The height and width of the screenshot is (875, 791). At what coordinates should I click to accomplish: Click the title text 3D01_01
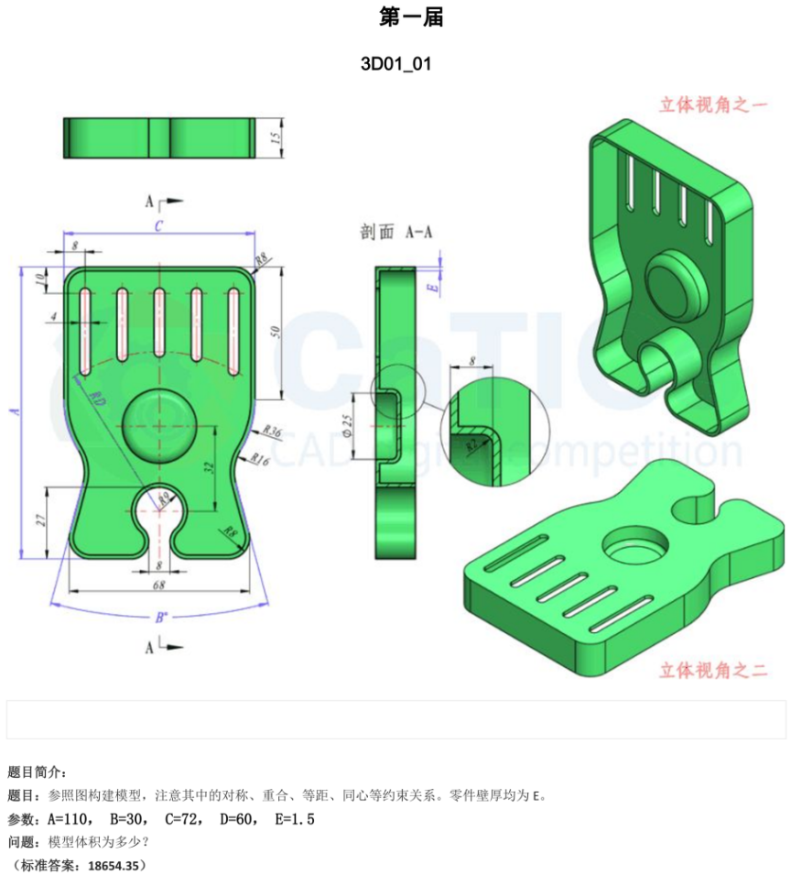[x=395, y=64]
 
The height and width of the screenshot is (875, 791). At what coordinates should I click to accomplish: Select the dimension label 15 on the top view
[x=274, y=138]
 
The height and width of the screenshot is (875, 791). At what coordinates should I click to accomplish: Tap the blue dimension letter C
[x=158, y=226]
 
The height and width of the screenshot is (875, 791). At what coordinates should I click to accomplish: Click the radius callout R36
[x=271, y=430]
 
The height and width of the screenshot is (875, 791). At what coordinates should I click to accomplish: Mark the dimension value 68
[x=158, y=585]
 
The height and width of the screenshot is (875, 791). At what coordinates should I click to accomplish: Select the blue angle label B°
[x=160, y=618]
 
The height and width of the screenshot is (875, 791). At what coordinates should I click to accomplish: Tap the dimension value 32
[x=208, y=467]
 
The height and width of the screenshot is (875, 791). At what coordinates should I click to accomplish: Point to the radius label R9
[x=164, y=498]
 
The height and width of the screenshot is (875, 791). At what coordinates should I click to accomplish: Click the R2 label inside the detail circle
[x=471, y=445]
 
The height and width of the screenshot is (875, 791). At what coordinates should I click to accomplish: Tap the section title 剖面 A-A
[x=395, y=233]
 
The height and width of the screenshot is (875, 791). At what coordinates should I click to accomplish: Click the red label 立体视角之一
[x=712, y=104]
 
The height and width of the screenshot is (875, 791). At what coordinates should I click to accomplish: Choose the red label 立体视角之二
[x=712, y=671]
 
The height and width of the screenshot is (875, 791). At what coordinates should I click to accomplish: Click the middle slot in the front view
[x=159, y=323]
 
